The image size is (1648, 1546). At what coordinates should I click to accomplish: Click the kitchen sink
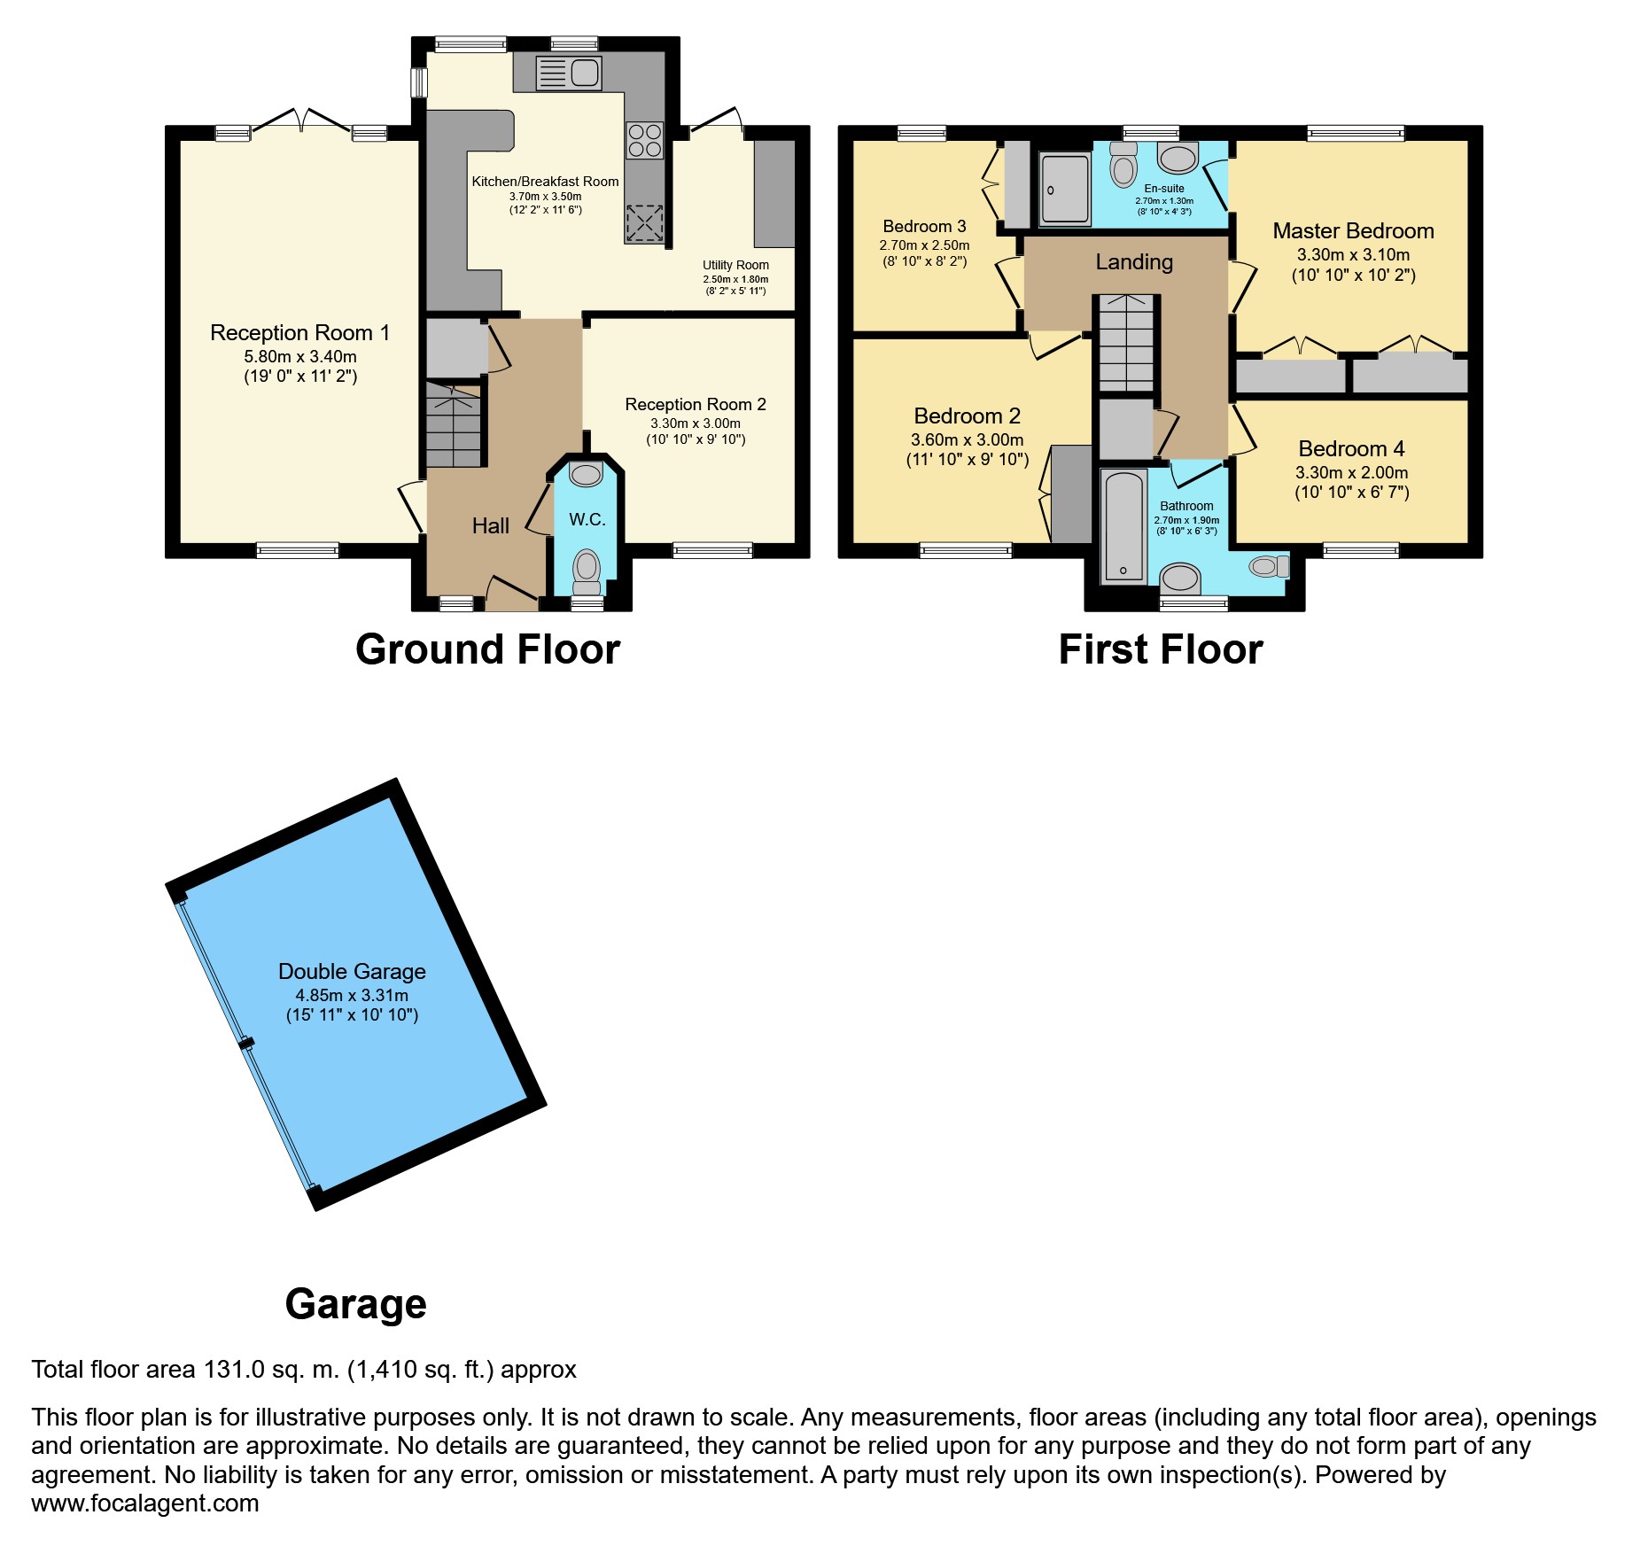[569, 73]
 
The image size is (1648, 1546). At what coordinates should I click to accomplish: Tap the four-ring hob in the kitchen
[644, 140]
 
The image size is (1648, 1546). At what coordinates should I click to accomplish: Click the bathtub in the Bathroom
[1123, 527]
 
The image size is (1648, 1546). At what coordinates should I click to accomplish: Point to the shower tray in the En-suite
[1065, 189]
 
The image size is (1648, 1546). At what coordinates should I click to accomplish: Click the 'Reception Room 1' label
[299, 333]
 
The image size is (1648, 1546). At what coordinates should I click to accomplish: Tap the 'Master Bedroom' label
[1353, 231]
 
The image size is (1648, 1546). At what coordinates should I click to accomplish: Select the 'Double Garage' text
[352, 972]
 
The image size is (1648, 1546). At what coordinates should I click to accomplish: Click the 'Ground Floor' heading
[487, 649]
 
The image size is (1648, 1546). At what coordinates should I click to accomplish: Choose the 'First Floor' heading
[1161, 649]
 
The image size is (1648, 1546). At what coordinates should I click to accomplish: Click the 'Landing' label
[1134, 262]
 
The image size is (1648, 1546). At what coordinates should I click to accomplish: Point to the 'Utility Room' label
[735, 265]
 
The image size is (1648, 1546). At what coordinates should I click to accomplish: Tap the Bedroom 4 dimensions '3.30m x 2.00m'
[1351, 473]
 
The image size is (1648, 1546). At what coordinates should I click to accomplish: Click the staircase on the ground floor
[454, 424]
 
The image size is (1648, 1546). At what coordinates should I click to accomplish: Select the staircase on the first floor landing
[1126, 343]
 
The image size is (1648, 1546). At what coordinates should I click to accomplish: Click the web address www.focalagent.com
[145, 1503]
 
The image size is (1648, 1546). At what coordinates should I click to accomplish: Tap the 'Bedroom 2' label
[967, 416]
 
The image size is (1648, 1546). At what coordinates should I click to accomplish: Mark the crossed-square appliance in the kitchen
[644, 223]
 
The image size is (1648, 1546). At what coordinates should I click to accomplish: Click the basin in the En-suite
[1178, 159]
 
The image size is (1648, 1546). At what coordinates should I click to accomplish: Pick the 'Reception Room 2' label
[696, 405]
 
